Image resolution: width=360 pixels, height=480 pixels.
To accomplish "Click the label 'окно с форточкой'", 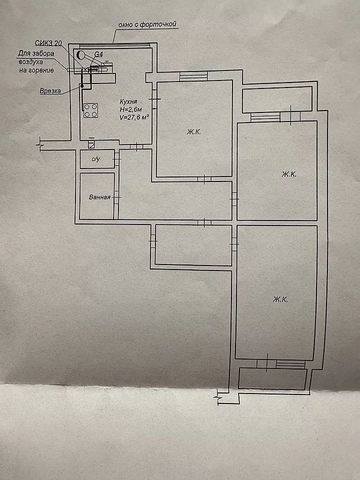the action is tap(147, 24).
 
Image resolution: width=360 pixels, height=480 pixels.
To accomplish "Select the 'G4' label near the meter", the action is tap(98, 54).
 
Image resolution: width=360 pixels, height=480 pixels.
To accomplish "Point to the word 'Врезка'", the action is tap(50, 91).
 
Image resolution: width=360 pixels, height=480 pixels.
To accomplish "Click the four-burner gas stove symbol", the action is tap(90, 110).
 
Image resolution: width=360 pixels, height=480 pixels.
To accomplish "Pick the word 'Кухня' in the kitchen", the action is tap(128, 102).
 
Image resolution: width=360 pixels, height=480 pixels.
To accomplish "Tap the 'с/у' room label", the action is tap(96, 159).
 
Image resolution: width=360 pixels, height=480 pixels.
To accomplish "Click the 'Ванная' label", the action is tap(99, 197).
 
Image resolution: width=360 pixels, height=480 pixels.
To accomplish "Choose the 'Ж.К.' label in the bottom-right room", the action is tap(280, 299).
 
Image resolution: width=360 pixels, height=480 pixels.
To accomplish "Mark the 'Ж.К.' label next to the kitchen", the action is tap(194, 132).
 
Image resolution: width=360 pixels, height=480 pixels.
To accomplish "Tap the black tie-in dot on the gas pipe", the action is tap(82, 86).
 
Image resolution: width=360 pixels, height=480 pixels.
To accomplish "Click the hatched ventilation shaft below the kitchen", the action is tap(91, 144).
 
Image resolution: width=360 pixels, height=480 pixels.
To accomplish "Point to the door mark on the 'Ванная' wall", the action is tap(116, 197).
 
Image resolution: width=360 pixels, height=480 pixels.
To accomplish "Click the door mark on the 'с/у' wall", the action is tap(116, 159).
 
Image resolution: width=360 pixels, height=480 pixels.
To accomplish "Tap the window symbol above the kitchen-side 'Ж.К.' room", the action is tap(193, 76).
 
